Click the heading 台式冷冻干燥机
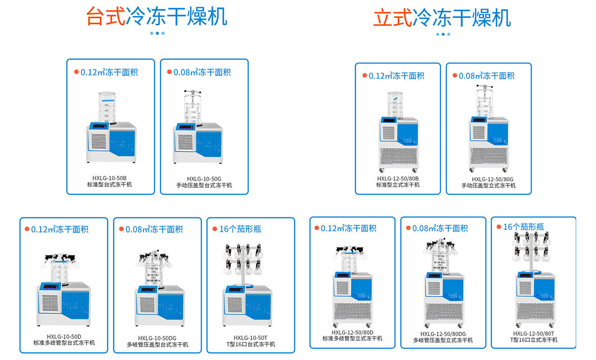pos(157,17)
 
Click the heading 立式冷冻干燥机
pos(442,18)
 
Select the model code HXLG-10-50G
pos(204,179)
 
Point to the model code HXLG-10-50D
pos(64,337)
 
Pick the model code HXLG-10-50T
pos(251,338)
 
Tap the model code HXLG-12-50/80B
pos(398,178)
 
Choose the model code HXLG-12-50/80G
pos(489,179)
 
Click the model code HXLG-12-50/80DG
pos(443,334)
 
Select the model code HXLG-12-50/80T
pos(534,333)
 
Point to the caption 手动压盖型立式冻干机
pos(489,185)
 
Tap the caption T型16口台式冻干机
pos(251,344)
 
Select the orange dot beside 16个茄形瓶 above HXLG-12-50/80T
pos(499,227)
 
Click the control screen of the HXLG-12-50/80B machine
pos(388,121)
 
